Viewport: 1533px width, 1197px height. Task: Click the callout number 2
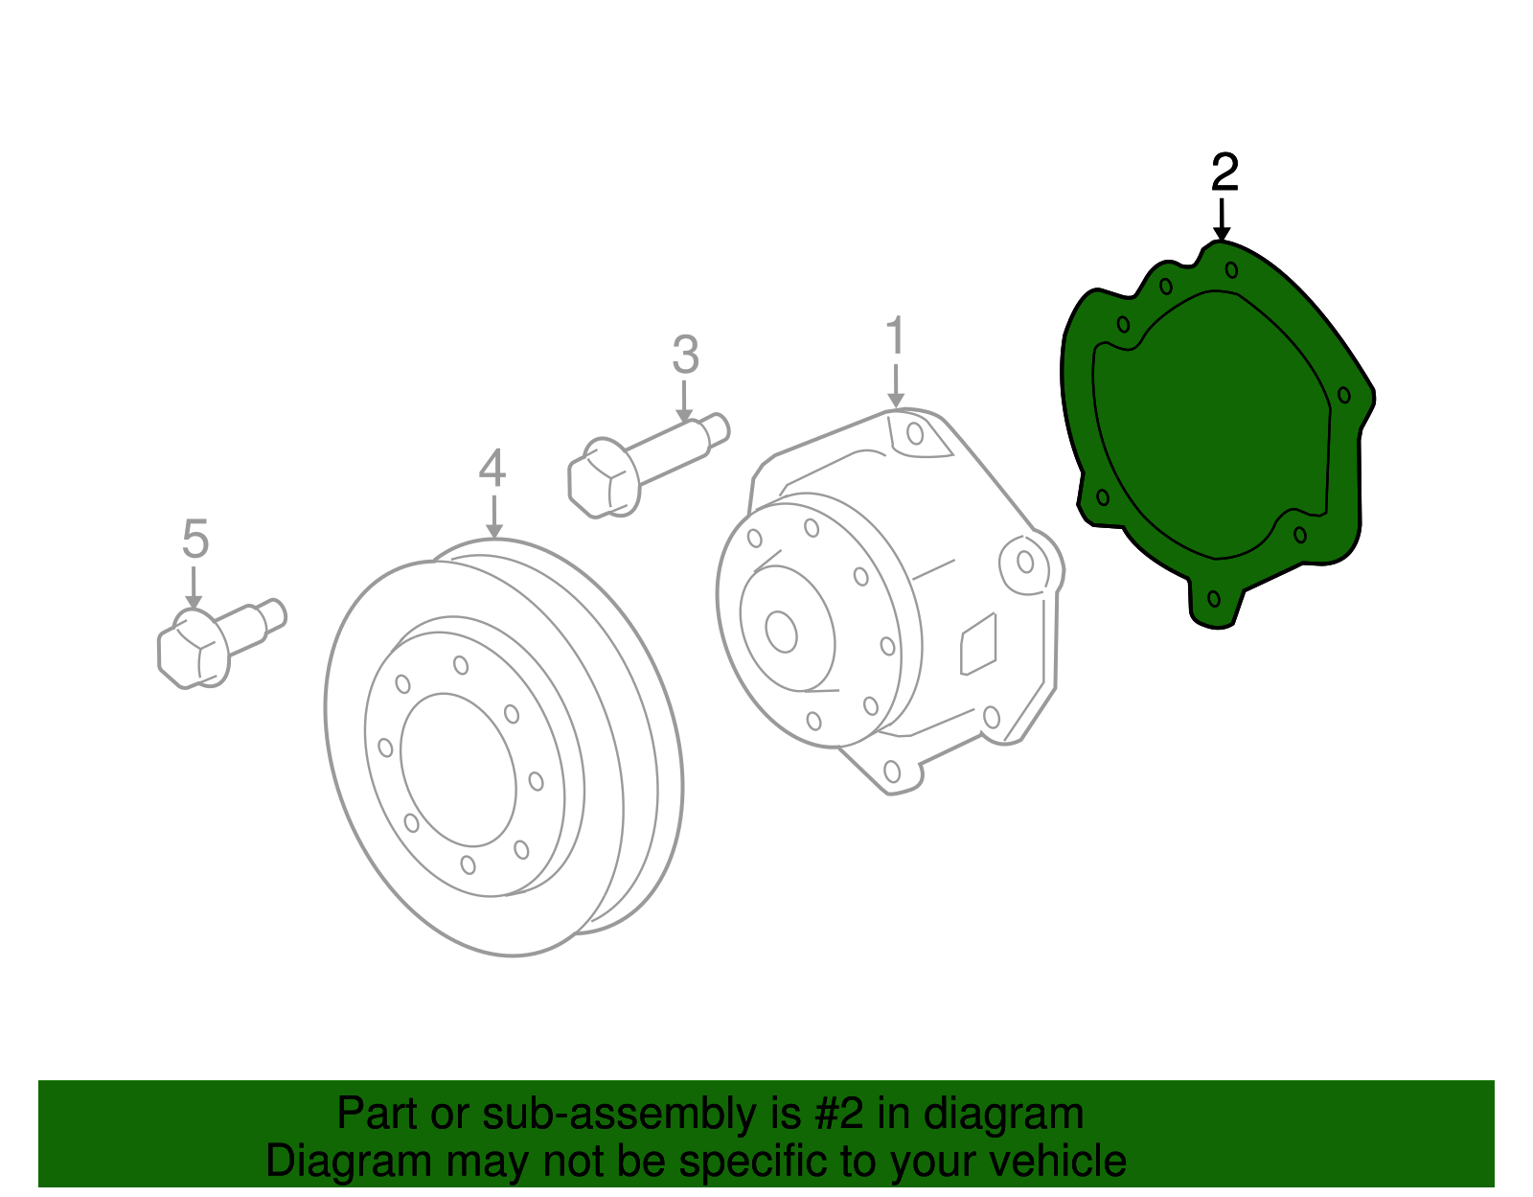click(1224, 173)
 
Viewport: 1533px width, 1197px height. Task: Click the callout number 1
click(895, 336)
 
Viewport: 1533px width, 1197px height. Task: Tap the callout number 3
click(685, 355)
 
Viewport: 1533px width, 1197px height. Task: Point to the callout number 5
click(194, 540)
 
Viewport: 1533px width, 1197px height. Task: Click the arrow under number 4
click(493, 518)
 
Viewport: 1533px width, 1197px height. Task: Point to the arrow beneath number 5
click(194, 587)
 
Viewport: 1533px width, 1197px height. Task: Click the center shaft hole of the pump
click(782, 632)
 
